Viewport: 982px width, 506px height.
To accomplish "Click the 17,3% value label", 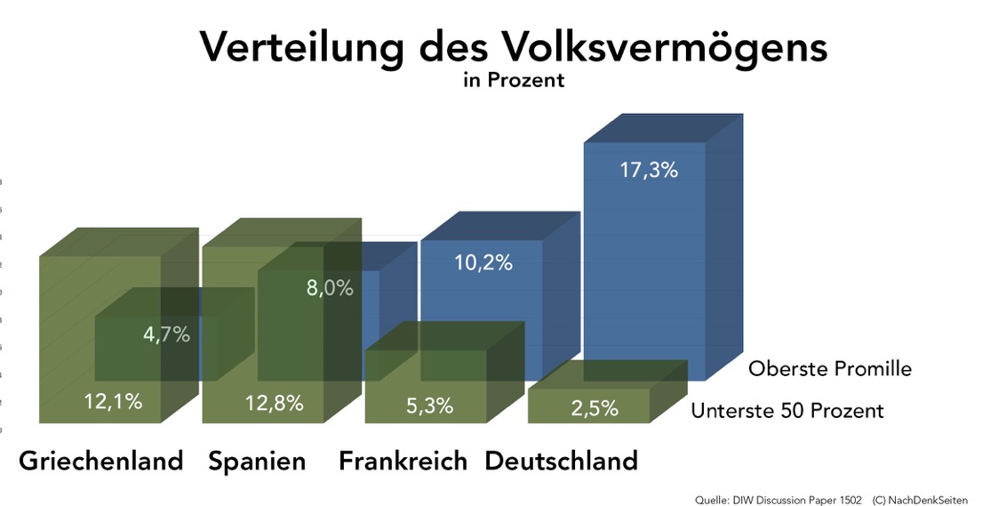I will pyautogui.click(x=648, y=170).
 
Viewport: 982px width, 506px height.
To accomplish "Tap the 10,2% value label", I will pyautogui.click(x=483, y=263).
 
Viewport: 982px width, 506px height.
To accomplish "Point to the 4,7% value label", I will pyautogui.click(x=166, y=334).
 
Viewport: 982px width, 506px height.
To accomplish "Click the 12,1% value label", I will pyautogui.click(x=113, y=401).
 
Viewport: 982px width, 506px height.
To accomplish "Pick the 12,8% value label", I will pyautogui.click(x=274, y=403).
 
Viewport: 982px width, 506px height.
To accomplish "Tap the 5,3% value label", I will pyautogui.click(x=430, y=406).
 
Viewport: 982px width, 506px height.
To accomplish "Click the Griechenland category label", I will pyautogui.click(x=101, y=462).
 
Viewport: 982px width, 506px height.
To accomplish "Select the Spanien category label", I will pyautogui.click(x=257, y=462).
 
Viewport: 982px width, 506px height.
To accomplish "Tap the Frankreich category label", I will pyautogui.click(x=403, y=462).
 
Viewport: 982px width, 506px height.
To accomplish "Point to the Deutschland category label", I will pyautogui.click(x=562, y=462).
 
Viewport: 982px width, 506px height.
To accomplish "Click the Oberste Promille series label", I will pyautogui.click(x=829, y=368).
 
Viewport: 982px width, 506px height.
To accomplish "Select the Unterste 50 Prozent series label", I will pyautogui.click(x=787, y=411).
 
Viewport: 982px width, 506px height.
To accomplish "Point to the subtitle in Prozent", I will pyautogui.click(x=514, y=81).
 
